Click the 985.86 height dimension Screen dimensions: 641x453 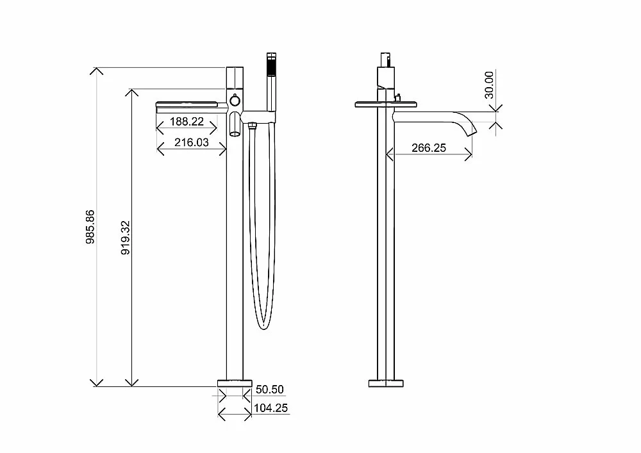(x=90, y=227)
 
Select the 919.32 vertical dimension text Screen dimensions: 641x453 (x=126, y=238)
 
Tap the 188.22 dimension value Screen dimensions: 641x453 (x=187, y=121)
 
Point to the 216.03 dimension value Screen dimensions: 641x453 (x=191, y=142)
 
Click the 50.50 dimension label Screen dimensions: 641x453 (x=269, y=390)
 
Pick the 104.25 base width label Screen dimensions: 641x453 (x=271, y=408)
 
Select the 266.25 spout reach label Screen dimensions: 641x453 (x=429, y=147)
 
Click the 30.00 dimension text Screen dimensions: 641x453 (x=489, y=85)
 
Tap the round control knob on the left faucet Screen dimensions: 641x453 (x=235, y=101)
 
